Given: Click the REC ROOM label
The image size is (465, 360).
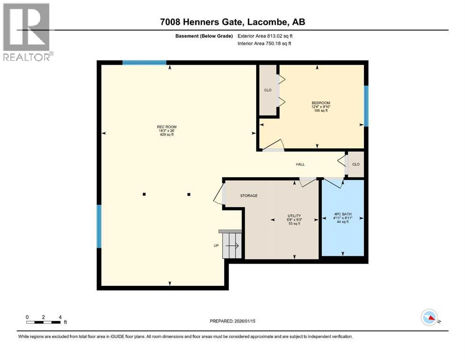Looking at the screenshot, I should click(167, 127).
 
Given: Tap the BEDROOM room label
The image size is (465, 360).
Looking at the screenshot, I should click(321, 103).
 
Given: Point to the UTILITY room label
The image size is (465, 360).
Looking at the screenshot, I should click(294, 216).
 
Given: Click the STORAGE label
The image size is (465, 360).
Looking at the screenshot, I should click(249, 195).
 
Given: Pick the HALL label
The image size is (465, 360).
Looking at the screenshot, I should click(300, 165).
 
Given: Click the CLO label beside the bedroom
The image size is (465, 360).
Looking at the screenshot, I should click(268, 90).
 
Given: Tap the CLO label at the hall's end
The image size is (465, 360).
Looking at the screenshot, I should click(356, 164).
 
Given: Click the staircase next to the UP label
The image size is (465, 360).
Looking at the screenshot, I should click(232, 245).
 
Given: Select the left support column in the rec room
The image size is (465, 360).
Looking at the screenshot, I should click(144, 194).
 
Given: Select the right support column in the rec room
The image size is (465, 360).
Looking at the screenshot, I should click(189, 194).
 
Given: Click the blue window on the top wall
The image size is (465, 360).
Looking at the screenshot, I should click(144, 62).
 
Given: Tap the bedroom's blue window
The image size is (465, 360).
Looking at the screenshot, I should click(366, 106).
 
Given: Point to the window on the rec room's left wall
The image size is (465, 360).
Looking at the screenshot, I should click(99, 226).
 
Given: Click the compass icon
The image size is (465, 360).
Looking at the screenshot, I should click(429, 318).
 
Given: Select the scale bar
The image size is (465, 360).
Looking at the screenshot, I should click(44, 322).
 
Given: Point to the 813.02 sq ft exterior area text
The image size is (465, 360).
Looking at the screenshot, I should click(280, 36).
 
